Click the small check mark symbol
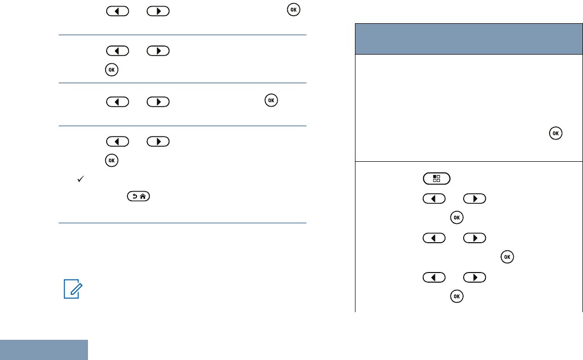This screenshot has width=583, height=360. click(x=80, y=179)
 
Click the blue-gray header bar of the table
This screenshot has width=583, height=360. click(x=466, y=38)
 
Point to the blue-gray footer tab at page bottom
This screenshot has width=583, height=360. click(x=44, y=350)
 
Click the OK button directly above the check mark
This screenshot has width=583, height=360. click(x=111, y=160)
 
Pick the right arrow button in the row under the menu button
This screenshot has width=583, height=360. click(x=474, y=198)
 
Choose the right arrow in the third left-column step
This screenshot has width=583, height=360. click(x=158, y=101)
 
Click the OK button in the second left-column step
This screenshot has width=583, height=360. click(x=111, y=70)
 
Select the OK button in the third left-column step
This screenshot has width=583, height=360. click(x=272, y=101)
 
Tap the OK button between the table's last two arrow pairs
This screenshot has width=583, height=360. click(x=507, y=257)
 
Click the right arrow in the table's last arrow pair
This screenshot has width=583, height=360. click(x=474, y=278)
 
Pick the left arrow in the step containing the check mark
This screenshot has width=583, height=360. click(x=117, y=142)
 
